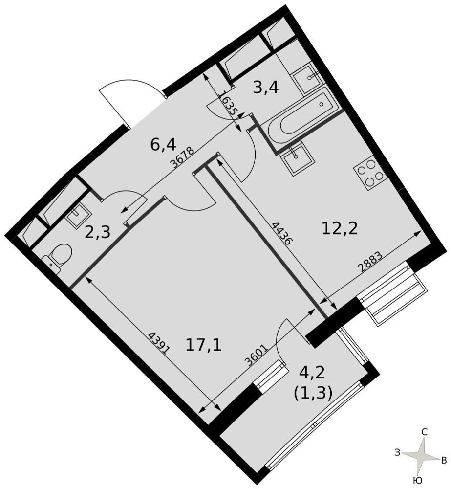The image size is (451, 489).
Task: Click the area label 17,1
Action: (x=203, y=345)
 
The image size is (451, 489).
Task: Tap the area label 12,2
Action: (x=340, y=229)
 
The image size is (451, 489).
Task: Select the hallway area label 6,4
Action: (x=163, y=144)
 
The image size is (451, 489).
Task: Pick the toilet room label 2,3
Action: (x=98, y=232)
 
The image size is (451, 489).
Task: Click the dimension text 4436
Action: (x=282, y=233)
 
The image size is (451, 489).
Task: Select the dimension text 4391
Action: (x=159, y=343)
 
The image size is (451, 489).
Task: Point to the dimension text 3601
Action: (x=256, y=355)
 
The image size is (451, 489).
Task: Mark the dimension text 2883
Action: (x=370, y=263)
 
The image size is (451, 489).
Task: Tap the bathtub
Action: (x=303, y=119)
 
